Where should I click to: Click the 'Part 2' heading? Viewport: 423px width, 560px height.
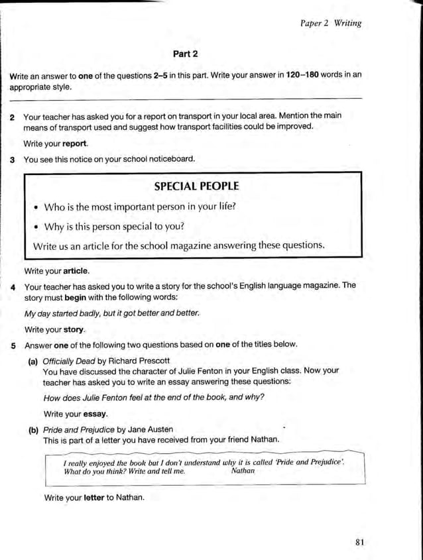(x=186, y=53)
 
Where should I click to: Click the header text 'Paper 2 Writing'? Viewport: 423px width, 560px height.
(x=331, y=23)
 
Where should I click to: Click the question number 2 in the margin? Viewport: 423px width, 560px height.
(x=13, y=116)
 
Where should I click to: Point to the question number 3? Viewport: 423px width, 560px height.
(x=13, y=160)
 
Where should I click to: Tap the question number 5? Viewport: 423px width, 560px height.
(x=13, y=345)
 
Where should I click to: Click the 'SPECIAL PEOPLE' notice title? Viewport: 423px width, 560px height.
(x=196, y=186)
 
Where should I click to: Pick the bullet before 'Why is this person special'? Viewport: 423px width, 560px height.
(x=36, y=227)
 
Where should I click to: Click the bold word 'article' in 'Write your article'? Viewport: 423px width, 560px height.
(x=76, y=271)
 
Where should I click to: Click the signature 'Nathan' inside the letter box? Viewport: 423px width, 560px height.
(x=243, y=471)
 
